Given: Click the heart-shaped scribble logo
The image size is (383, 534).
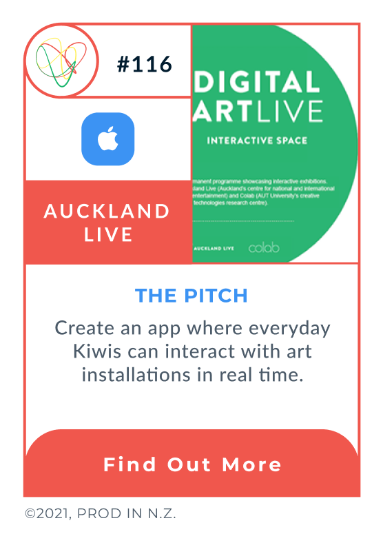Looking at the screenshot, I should (x=61, y=61).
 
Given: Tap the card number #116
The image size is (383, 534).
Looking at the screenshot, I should (x=144, y=65).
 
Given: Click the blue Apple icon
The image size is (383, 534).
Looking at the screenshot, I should (x=107, y=139).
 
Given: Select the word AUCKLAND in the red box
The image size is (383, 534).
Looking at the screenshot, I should (x=107, y=211).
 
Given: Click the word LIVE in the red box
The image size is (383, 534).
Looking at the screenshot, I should (x=108, y=234).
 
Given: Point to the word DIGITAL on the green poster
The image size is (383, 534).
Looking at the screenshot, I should (x=258, y=83).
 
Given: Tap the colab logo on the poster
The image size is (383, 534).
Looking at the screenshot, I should (x=264, y=247).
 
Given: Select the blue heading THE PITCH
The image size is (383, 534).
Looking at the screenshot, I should (x=191, y=296).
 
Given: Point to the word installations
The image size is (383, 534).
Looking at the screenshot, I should (x=136, y=375).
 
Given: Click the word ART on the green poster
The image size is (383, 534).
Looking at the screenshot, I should (x=222, y=111).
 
